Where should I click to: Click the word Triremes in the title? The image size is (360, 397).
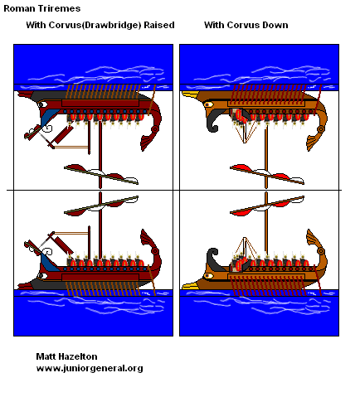point(61,8)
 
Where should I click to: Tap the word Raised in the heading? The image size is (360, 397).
point(159,25)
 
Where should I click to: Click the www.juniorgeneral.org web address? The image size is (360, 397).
point(90,368)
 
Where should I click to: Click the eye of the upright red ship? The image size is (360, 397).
point(42,276)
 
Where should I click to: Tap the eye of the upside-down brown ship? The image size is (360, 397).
point(208,104)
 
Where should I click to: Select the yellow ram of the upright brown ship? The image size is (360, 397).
point(190,286)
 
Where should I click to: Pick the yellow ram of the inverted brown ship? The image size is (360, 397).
point(190,94)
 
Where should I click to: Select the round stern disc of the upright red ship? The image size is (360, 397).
point(155,251)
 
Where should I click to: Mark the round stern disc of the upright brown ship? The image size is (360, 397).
point(321,251)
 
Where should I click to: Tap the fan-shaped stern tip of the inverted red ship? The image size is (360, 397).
point(147,143)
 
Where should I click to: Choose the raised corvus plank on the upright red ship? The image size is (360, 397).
point(62,243)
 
